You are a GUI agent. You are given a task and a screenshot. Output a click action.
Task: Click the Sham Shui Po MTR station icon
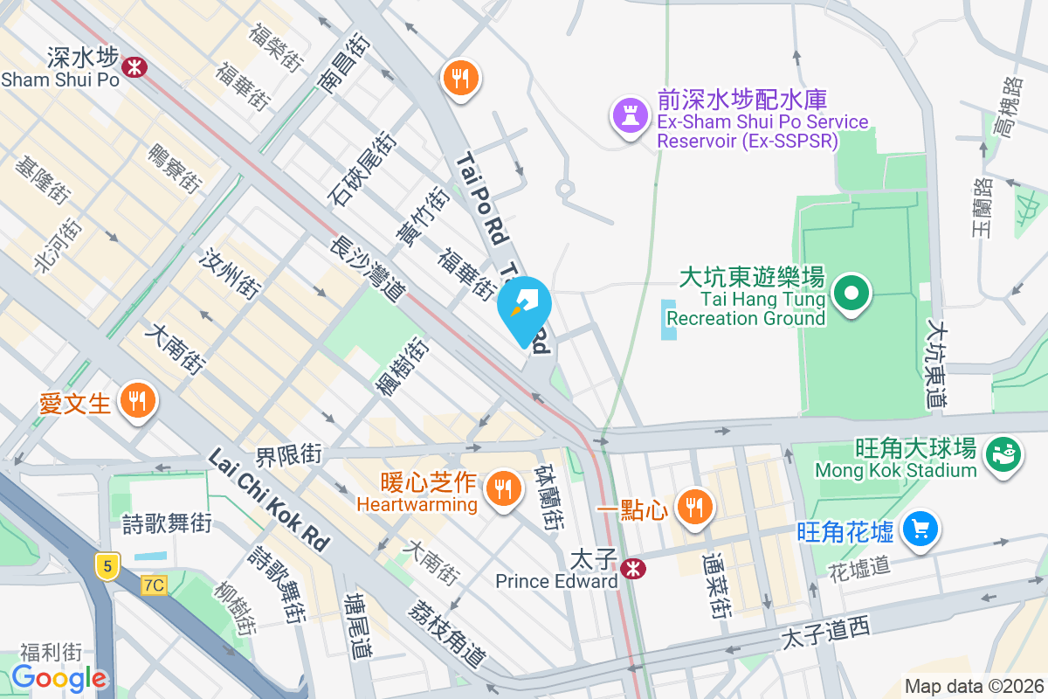[x=134, y=66]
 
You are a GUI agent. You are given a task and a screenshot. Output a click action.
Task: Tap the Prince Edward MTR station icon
[x=632, y=569]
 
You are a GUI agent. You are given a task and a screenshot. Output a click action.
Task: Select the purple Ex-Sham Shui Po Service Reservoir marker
[x=628, y=117]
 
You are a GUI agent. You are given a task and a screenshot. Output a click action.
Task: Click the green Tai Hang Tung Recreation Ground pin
[x=851, y=293]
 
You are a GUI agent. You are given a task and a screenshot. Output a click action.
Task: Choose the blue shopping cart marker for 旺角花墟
[x=920, y=529]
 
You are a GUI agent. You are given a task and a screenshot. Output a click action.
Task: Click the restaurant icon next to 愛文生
[x=137, y=401]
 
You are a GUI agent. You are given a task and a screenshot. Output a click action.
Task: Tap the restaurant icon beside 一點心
[x=695, y=507]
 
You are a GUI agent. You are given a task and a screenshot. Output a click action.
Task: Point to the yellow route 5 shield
[x=107, y=566]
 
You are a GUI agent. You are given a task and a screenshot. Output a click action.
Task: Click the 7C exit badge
[x=154, y=585]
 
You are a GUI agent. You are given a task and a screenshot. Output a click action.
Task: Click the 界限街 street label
[x=289, y=455]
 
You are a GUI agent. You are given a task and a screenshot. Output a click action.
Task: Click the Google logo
[x=59, y=678]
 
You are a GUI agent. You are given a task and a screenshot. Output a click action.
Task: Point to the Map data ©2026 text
[x=973, y=686]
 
